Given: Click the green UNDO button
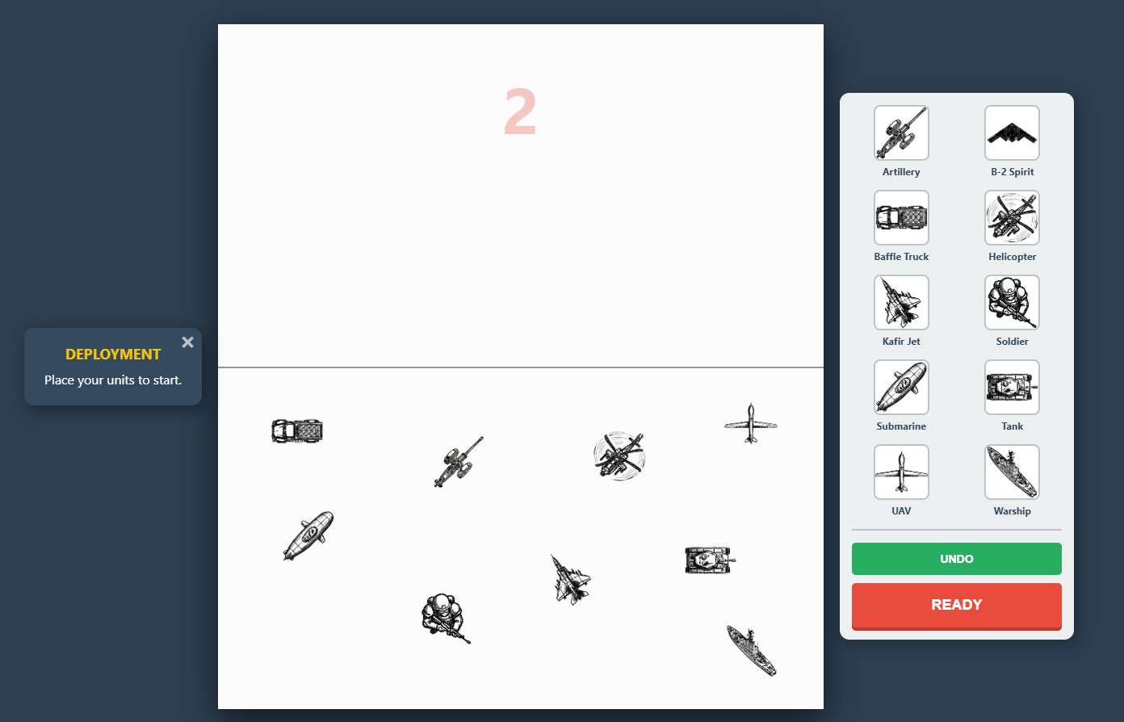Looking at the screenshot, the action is pyautogui.click(x=956, y=558).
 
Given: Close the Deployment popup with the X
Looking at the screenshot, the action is pyautogui.click(x=187, y=342).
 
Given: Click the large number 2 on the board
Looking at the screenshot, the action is pyautogui.click(x=520, y=111).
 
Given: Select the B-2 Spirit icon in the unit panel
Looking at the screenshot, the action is pyautogui.click(x=1012, y=133).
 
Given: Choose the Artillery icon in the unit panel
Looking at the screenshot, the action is pyautogui.click(x=900, y=133).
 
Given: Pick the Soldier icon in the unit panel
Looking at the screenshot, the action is pyautogui.click(x=1012, y=303).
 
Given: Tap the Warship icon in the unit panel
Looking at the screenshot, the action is pyautogui.click(x=1012, y=472).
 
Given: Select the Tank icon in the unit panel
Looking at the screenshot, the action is pyautogui.click(x=1012, y=388).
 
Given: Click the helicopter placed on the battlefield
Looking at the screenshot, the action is pyautogui.click(x=619, y=456).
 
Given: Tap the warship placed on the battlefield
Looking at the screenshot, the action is pyautogui.click(x=751, y=651).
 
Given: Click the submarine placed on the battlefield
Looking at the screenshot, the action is pyautogui.click(x=308, y=535).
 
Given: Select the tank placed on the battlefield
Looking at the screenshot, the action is pyautogui.click(x=710, y=560).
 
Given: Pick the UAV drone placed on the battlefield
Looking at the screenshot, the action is pyautogui.click(x=751, y=424).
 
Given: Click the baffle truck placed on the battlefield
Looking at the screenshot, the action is pyautogui.click(x=297, y=431).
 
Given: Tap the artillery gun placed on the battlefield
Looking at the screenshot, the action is pyautogui.click(x=457, y=463).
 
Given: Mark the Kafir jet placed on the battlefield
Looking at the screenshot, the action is pyautogui.click(x=571, y=580).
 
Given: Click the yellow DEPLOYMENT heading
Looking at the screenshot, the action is pyautogui.click(x=113, y=355).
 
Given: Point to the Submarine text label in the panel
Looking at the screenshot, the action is pyautogui.click(x=900, y=426).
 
